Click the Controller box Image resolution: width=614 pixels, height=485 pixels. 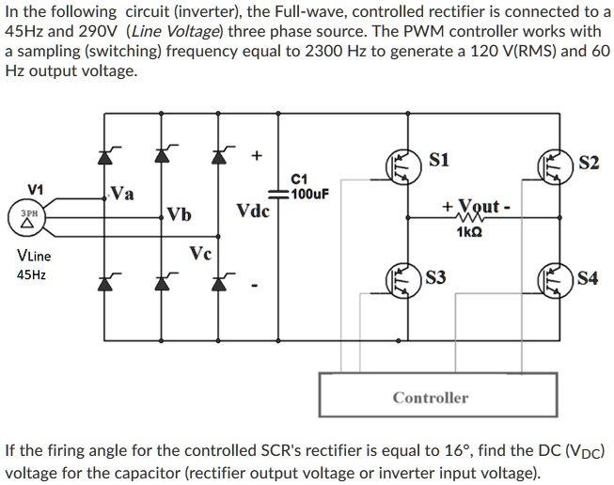tap(430, 398)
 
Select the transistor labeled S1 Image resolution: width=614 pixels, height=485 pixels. tap(403, 165)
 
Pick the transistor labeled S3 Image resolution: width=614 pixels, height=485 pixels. tap(403, 279)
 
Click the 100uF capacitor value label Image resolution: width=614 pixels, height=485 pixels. tap(309, 195)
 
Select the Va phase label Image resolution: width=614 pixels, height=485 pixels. tap(122, 195)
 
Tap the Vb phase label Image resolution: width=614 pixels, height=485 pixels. tap(180, 213)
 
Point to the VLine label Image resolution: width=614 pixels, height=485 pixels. tap(35, 255)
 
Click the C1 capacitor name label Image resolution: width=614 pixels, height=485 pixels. tap(300, 180)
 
